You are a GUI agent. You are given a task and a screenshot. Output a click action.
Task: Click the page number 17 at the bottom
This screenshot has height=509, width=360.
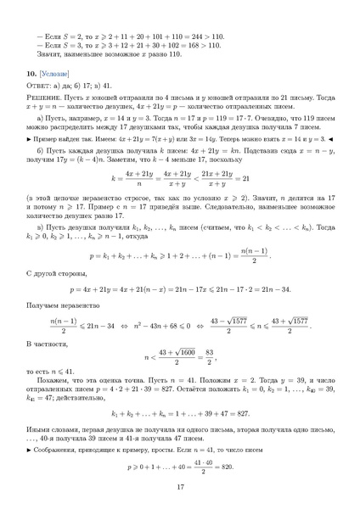(180, 486)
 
